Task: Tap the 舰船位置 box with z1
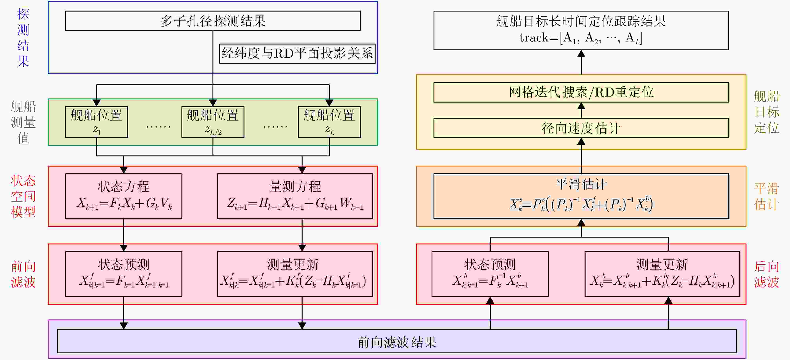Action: point(96,122)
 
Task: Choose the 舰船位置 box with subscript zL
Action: point(329,122)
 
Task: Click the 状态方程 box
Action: point(124,196)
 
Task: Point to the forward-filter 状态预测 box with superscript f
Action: point(124,274)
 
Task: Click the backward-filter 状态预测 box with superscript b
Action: point(490,274)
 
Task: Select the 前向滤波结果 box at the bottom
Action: point(397,341)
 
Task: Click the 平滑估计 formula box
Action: point(581,196)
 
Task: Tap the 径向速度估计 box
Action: point(581,128)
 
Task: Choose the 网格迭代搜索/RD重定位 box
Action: point(581,92)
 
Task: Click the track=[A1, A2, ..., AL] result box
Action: point(581,30)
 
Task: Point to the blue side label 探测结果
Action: point(23,37)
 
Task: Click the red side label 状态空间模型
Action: point(23,196)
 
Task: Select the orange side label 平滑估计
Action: point(766,196)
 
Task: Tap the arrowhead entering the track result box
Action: point(581,54)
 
